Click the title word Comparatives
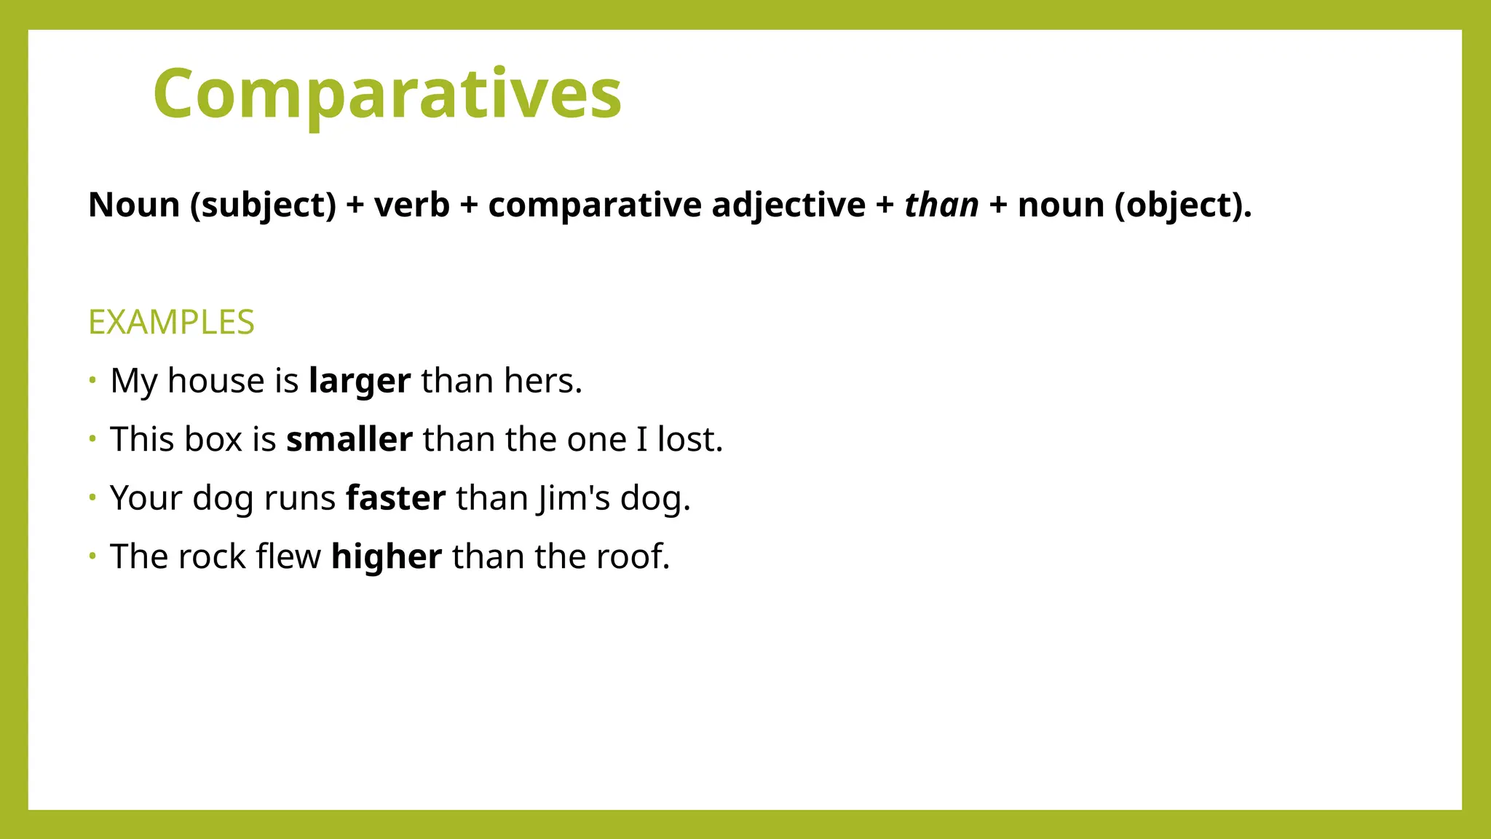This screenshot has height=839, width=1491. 387,95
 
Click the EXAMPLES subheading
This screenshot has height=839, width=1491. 171,323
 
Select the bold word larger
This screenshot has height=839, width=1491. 360,382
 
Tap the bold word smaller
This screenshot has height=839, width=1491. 349,440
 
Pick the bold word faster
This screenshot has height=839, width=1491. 395,499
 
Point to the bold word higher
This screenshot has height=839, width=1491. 386,557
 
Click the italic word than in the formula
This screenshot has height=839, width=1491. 941,205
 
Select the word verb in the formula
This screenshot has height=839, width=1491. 411,205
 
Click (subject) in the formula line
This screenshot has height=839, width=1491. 264,205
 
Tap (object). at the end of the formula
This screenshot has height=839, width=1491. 1183,205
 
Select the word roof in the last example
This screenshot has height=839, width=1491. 629,557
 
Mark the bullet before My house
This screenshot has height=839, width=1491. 92,379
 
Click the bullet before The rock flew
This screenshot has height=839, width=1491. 92,556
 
